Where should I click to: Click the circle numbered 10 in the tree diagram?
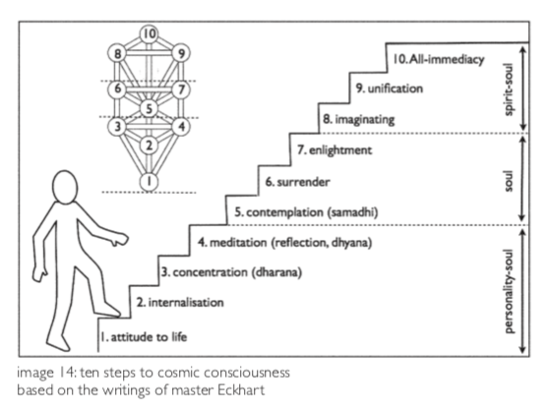(x=149, y=34)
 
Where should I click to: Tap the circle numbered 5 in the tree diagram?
(x=149, y=108)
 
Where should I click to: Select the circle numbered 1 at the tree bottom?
(x=149, y=182)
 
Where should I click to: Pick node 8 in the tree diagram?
(x=117, y=53)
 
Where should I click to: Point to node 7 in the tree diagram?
(x=181, y=89)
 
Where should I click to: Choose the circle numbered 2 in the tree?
(x=149, y=145)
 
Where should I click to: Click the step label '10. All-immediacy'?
(x=439, y=59)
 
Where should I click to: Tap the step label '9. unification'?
(x=390, y=88)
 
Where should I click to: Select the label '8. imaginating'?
(x=359, y=119)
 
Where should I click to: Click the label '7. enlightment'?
(x=335, y=150)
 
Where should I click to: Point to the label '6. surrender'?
(x=297, y=182)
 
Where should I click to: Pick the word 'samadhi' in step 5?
(x=353, y=212)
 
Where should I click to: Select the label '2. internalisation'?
(x=180, y=303)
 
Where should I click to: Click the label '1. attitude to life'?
(x=144, y=337)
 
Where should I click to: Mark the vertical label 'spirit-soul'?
(x=509, y=89)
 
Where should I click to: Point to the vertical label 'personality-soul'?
(x=509, y=291)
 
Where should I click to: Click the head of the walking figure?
(x=65, y=187)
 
